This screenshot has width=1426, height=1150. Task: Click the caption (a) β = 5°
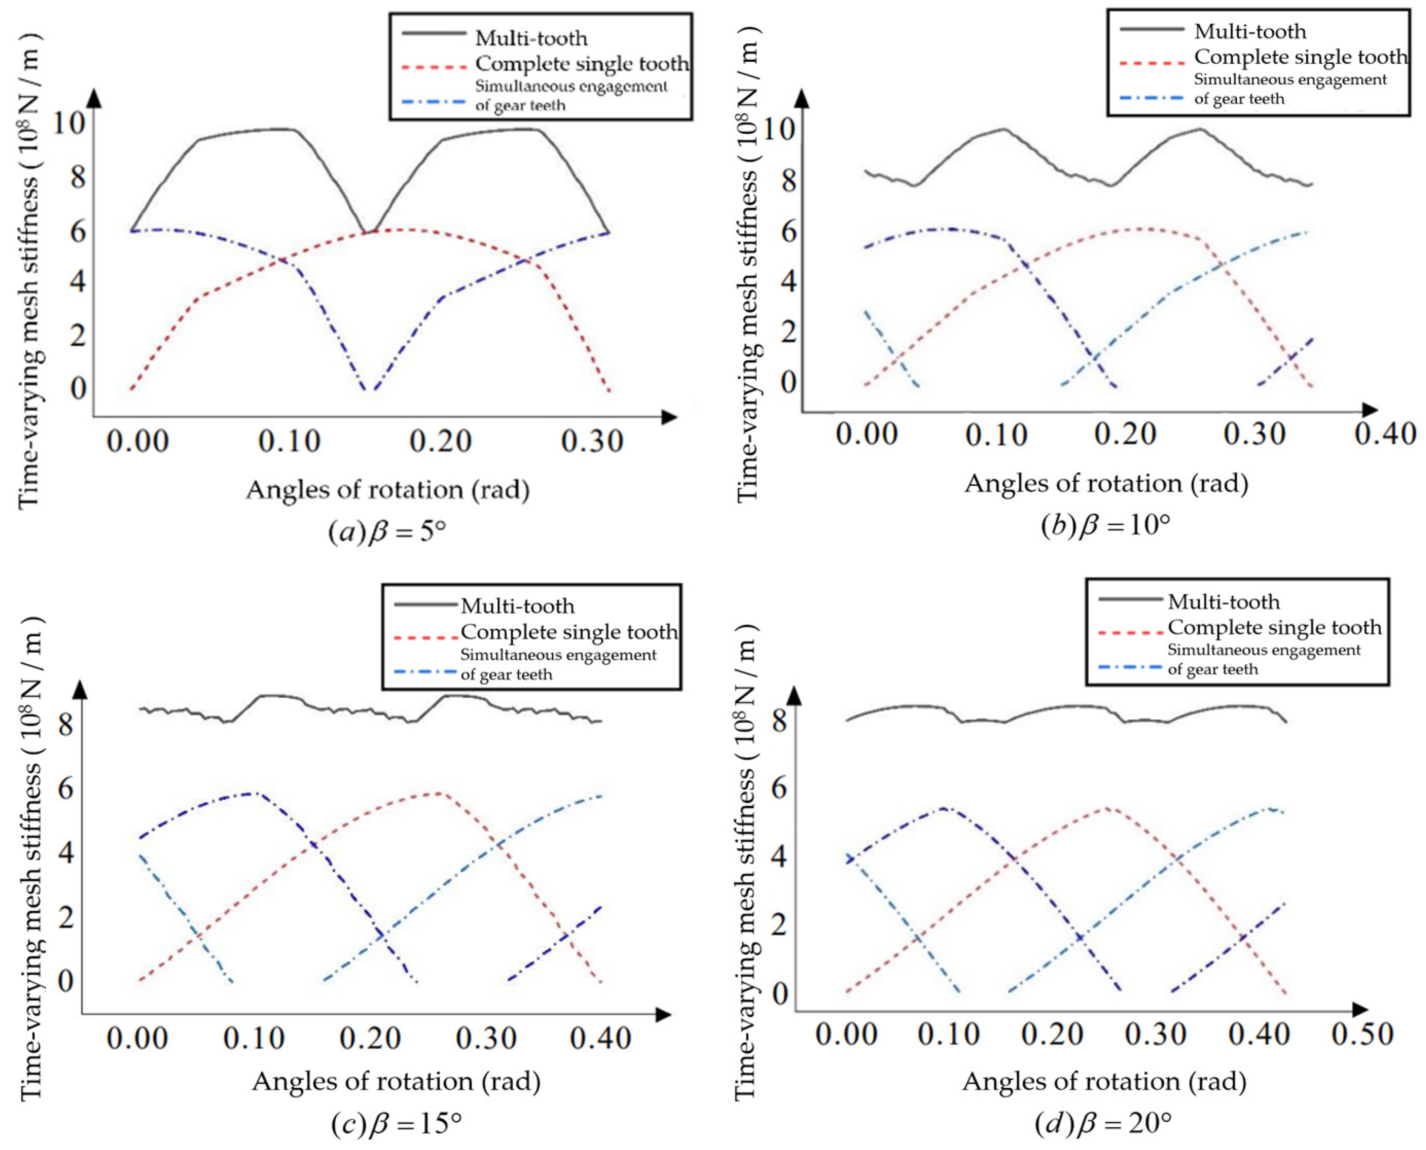pos(387,532)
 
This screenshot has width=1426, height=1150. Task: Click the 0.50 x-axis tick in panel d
pos(1362,1034)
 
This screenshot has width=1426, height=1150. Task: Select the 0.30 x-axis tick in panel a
pos(592,441)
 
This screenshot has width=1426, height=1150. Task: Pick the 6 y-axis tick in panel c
pos(65,788)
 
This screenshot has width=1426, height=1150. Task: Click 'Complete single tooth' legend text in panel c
pos(569,632)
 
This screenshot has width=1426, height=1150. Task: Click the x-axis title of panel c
pos(396,1082)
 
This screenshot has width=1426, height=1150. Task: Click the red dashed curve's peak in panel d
pos(1106,808)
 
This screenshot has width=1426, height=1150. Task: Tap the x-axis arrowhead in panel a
pos(670,417)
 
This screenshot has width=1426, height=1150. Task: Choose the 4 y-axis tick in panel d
pos(779,857)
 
